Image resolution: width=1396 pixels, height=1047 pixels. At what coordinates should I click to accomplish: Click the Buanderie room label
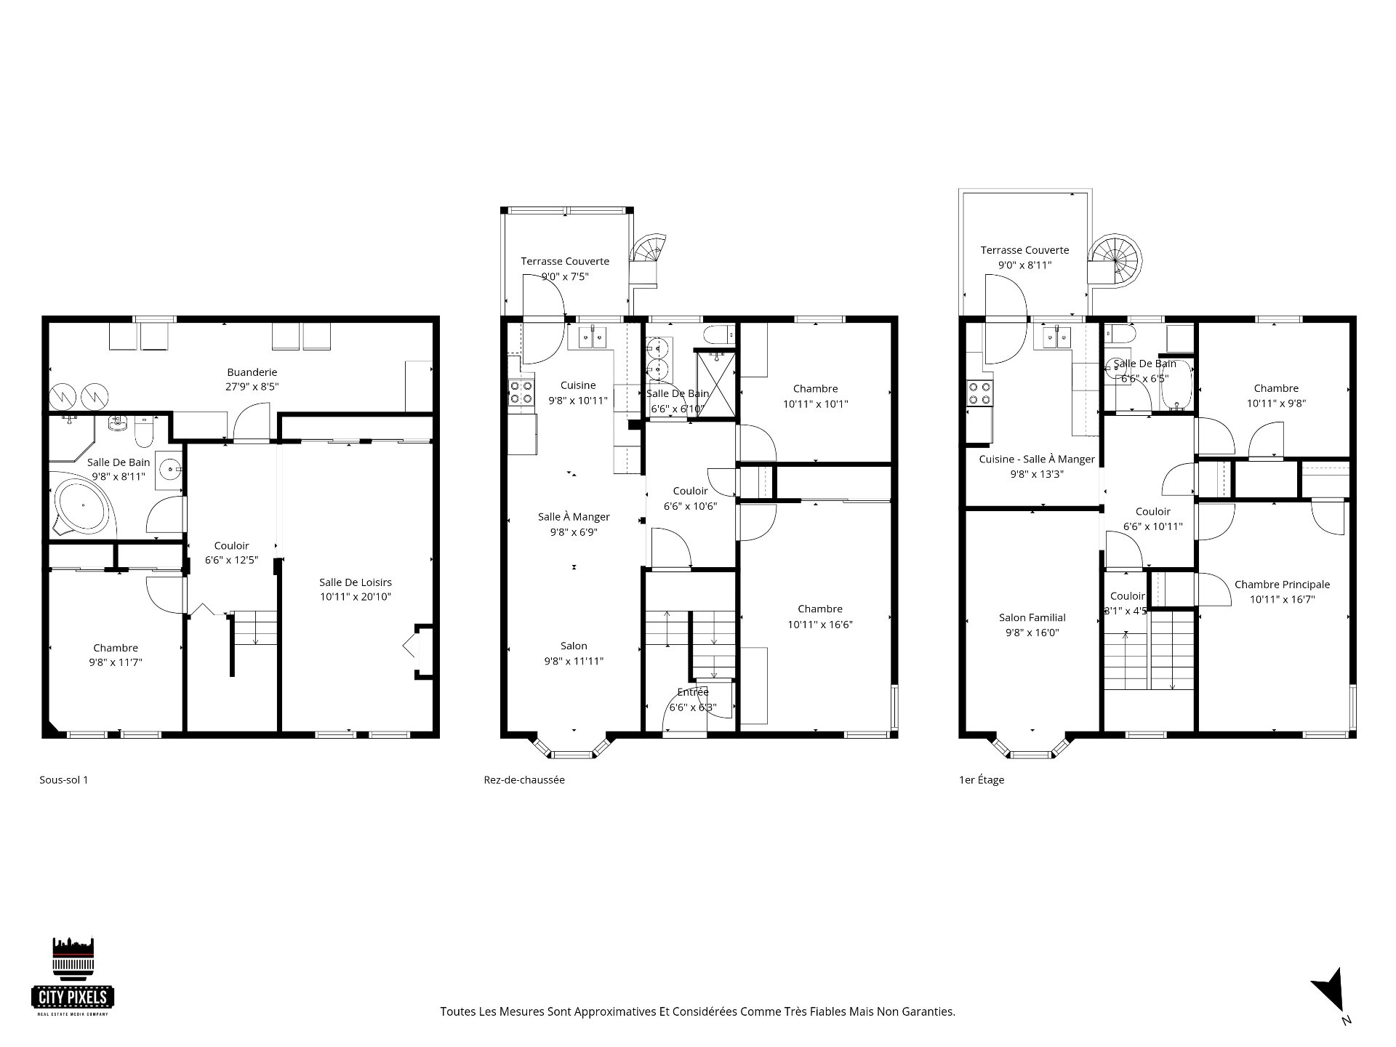(252, 373)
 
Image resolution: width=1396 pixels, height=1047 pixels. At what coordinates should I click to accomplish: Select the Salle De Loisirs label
(356, 582)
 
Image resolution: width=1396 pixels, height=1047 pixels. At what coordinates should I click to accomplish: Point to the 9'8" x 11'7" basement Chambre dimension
(116, 663)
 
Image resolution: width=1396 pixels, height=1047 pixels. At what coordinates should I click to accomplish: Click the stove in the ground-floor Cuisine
(521, 393)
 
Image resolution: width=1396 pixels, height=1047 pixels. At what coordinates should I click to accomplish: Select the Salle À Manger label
(574, 517)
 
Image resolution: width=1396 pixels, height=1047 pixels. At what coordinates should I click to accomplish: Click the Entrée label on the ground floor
(692, 692)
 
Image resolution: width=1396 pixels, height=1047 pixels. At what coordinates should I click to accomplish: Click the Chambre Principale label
(1282, 585)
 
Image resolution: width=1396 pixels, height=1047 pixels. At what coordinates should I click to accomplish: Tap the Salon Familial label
(1032, 618)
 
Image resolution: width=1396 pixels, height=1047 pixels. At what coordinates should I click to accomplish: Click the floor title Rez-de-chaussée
(523, 780)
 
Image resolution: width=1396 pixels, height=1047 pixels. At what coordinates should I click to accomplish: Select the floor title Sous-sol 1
(63, 780)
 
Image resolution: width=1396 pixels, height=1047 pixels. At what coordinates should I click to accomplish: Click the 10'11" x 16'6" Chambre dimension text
(820, 625)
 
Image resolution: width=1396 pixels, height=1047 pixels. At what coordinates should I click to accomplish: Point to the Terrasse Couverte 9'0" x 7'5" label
(565, 268)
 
